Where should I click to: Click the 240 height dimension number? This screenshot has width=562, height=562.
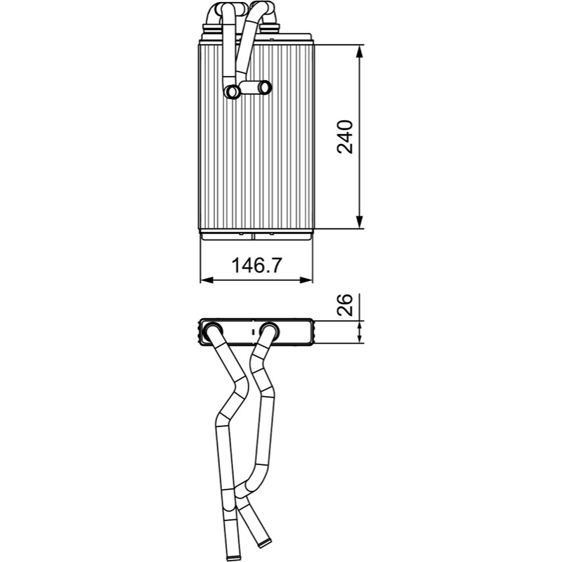coord(345,137)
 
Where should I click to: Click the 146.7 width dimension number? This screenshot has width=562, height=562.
coord(257,266)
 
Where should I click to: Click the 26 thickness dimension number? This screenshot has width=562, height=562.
coord(345,305)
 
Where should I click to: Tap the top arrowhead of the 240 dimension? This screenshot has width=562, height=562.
coord(360,51)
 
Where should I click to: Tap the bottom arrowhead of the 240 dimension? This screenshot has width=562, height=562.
coord(360,222)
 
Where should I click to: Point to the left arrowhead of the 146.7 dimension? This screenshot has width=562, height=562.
coord(207,280)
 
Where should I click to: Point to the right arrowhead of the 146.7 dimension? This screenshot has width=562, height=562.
coord(306,280)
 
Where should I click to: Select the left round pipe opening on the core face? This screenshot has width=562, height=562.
coord(233,91)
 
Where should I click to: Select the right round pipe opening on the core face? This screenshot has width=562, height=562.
coord(266,87)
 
